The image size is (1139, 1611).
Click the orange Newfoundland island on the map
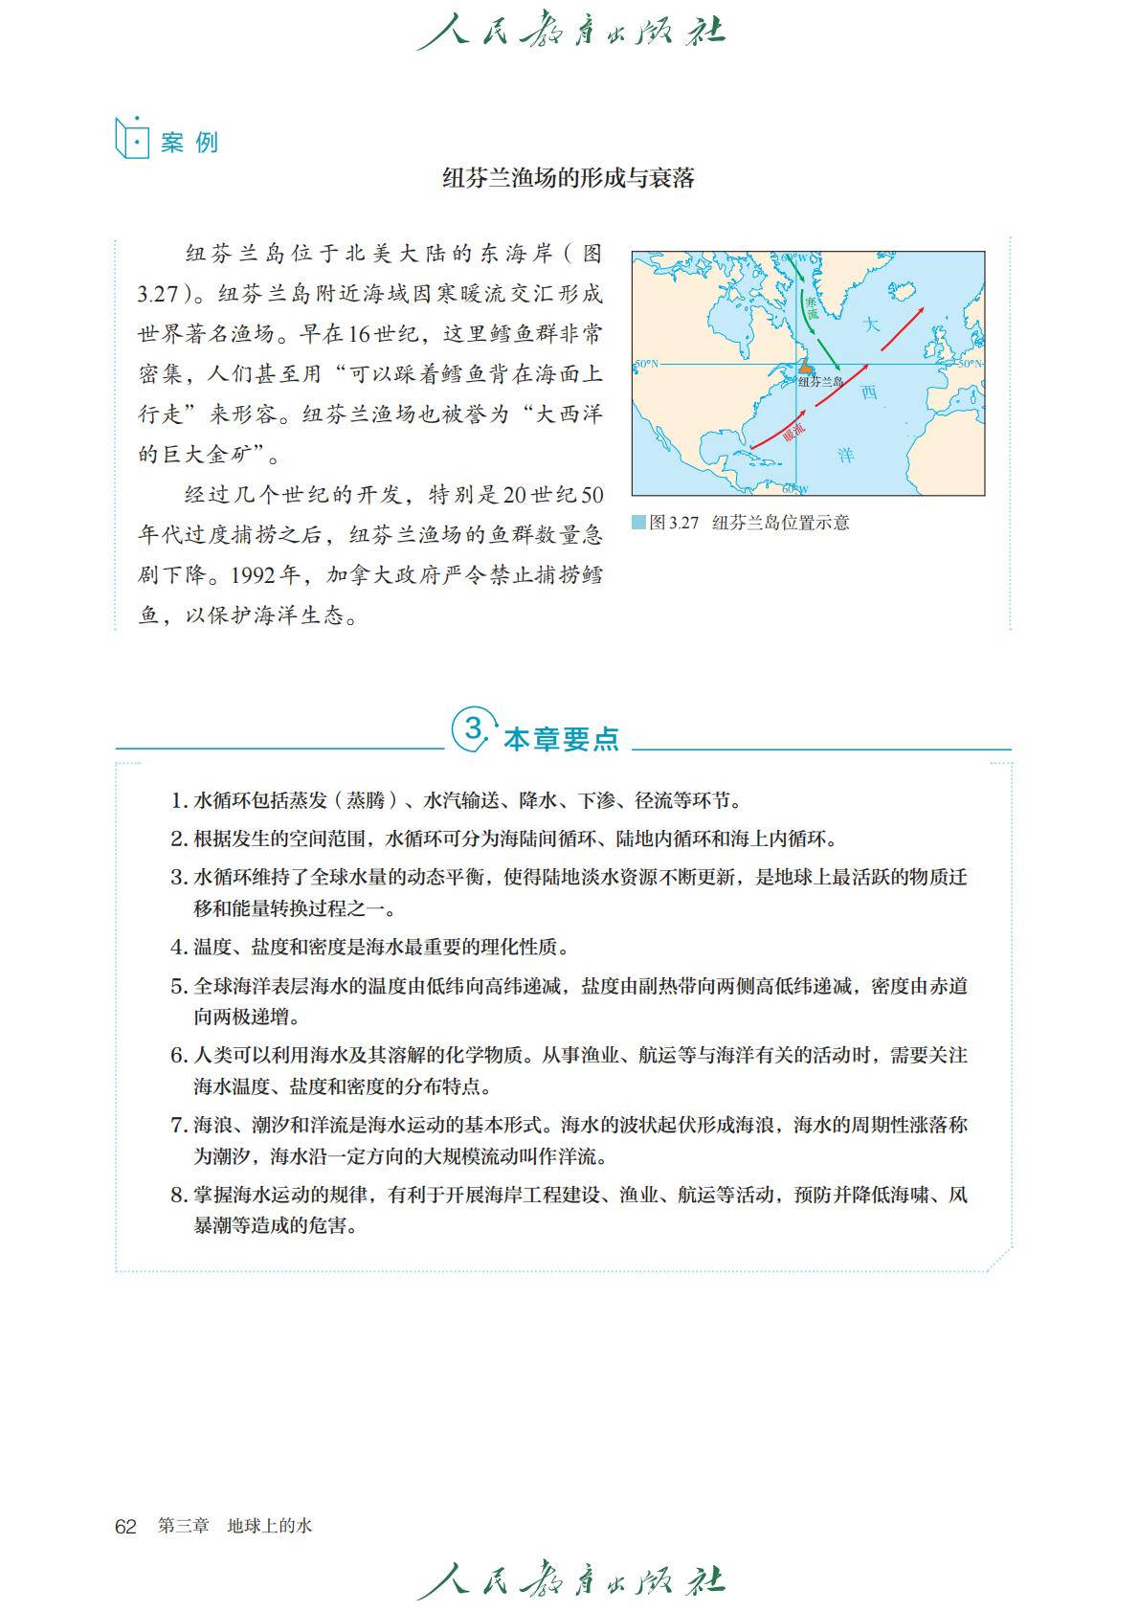click(806, 367)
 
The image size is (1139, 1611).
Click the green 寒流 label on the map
click(812, 308)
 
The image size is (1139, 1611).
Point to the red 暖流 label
click(793, 430)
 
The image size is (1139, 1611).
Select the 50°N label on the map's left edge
click(647, 364)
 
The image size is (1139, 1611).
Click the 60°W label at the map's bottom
click(794, 489)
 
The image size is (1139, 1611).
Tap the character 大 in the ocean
click(870, 324)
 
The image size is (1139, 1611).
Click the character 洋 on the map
click(846, 455)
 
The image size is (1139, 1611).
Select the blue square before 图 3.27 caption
click(638, 523)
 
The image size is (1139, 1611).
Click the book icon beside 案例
click(132, 140)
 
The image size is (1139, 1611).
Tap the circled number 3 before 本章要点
click(474, 730)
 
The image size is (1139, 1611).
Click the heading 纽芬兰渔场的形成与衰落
click(569, 178)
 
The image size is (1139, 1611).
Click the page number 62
click(125, 1527)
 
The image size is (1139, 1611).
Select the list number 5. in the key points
click(179, 986)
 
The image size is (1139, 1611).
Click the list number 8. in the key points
click(179, 1195)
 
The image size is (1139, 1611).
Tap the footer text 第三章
click(183, 1527)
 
